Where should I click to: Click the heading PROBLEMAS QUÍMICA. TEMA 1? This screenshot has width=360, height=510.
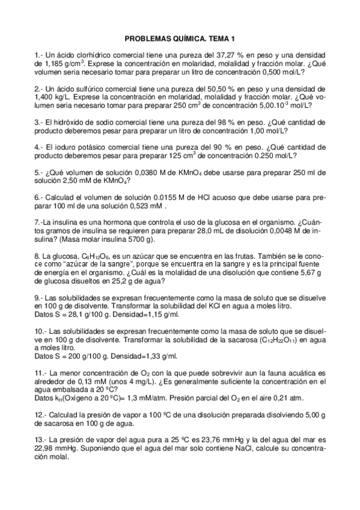[180, 38]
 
